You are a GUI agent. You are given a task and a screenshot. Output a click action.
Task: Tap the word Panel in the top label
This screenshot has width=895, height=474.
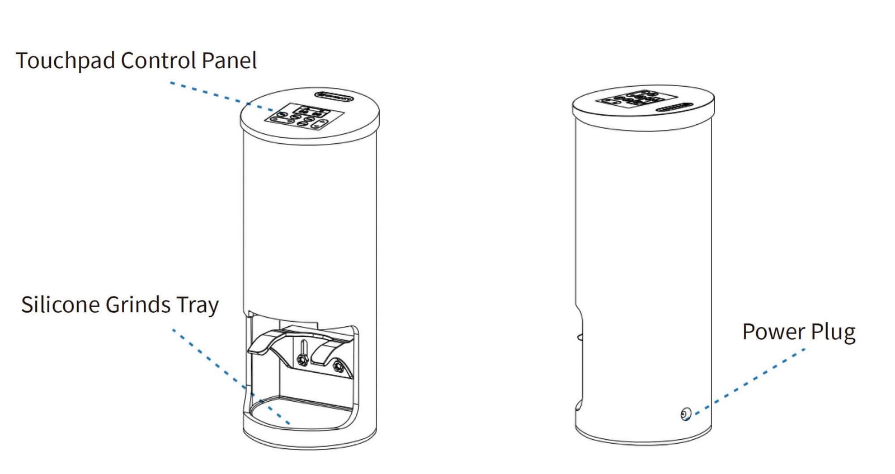229,60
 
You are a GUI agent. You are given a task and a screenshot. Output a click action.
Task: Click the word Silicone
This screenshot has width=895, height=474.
61,305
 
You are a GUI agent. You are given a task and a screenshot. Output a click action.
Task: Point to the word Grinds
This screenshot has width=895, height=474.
138,305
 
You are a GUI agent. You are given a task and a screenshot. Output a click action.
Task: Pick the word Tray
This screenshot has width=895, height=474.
197,306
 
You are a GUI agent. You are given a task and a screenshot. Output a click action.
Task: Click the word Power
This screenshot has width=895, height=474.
773,332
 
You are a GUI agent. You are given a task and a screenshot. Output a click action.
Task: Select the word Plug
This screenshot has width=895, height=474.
833,332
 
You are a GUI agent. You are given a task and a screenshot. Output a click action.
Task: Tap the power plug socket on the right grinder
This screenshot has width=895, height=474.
686,414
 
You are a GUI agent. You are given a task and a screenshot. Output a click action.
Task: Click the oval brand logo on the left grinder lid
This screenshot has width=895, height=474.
334,96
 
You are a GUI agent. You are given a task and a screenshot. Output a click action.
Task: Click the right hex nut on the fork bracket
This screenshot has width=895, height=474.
337,367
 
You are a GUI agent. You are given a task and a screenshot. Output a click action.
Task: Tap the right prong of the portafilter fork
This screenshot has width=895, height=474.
330,350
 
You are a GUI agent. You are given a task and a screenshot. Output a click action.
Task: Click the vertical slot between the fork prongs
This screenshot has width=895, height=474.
303,347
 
